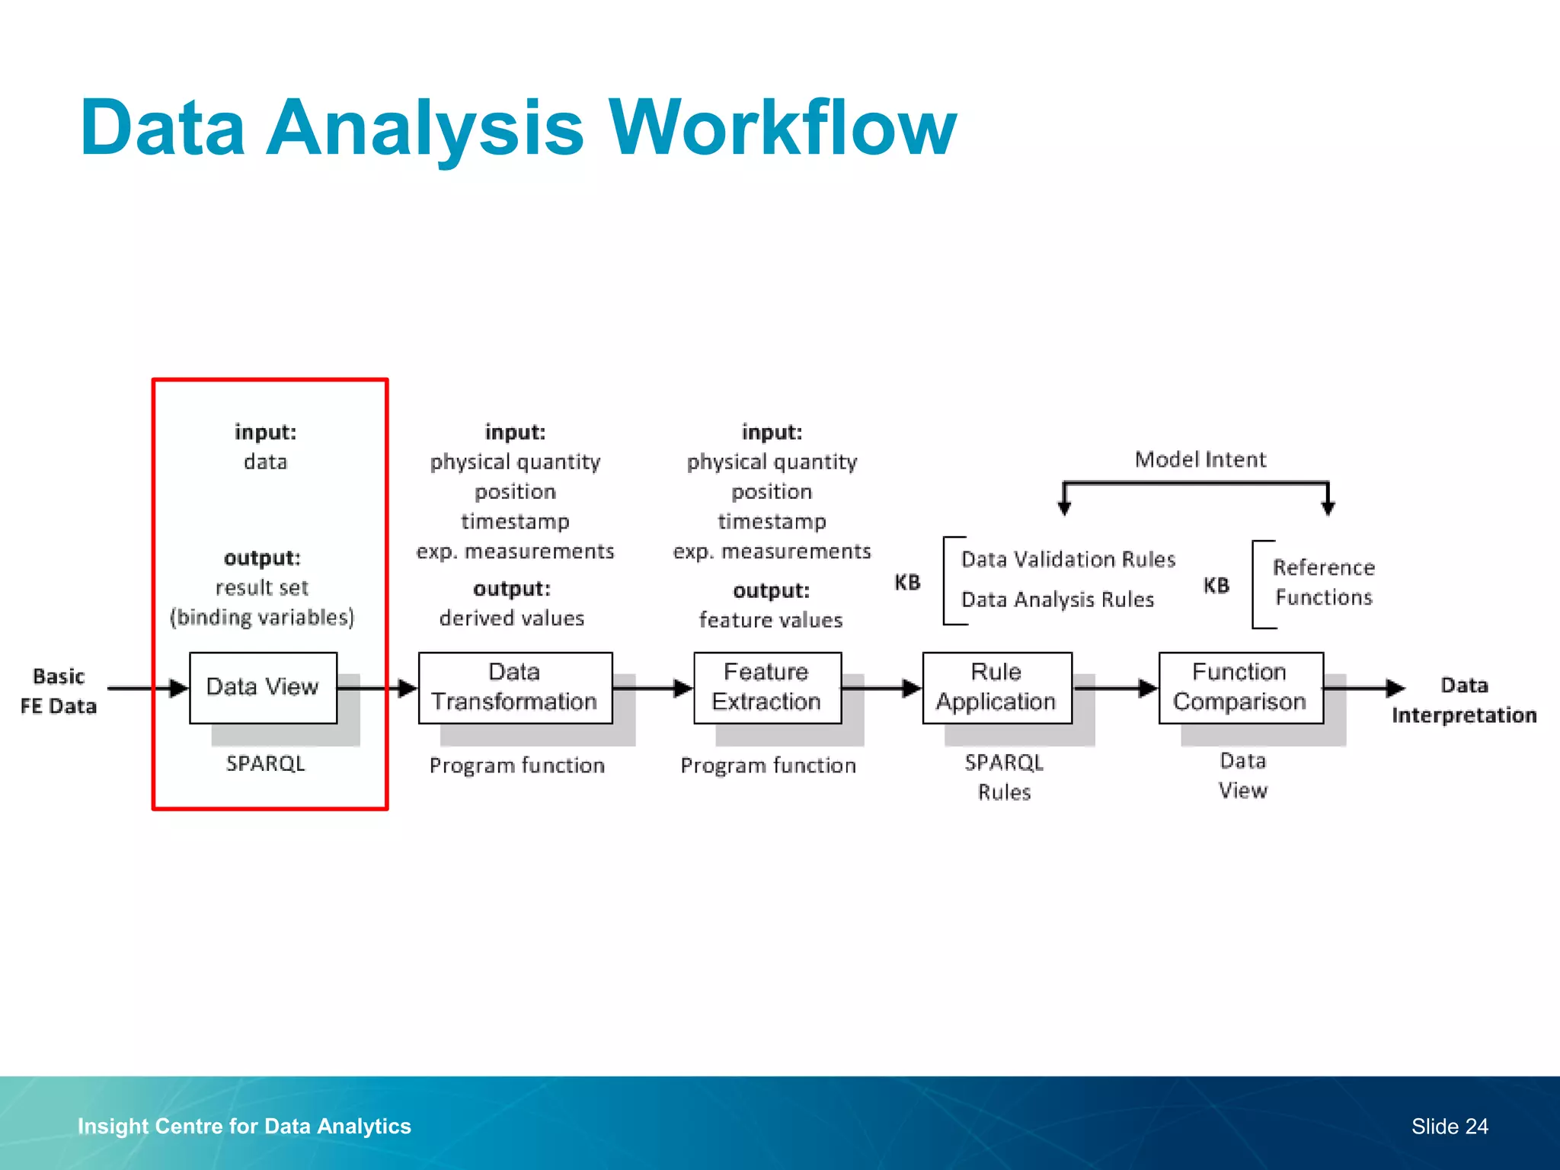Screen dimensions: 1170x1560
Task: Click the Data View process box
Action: (x=263, y=687)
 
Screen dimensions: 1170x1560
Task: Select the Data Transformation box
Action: (x=515, y=687)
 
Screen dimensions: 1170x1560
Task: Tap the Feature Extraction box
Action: (x=767, y=687)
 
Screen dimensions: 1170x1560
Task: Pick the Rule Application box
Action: (x=996, y=687)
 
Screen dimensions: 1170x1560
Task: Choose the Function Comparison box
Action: (x=1240, y=687)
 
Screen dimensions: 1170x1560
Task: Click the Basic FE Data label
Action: (x=59, y=692)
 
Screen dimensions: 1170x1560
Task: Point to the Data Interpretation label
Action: (x=1463, y=700)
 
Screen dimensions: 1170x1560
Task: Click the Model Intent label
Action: (x=1200, y=459)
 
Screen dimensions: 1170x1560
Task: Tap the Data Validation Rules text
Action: (x=1068, y=560)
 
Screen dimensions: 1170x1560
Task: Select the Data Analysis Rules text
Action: (x=1057, y=600)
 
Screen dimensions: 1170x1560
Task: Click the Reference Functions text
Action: (x=1324, y=583)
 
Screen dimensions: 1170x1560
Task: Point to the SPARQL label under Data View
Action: (x=265, y=763)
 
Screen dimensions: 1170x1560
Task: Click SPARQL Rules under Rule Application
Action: (x=1004, y=777)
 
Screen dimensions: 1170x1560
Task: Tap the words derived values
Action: (x=511, y=618)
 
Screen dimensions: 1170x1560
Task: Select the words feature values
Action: (x=771, y=620)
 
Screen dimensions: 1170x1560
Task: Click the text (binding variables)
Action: (x=262, y=617)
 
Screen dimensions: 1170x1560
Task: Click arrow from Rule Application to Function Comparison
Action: (x=1115, y=688)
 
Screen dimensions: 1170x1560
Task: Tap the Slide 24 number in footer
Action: (x=1449, y=1126)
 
